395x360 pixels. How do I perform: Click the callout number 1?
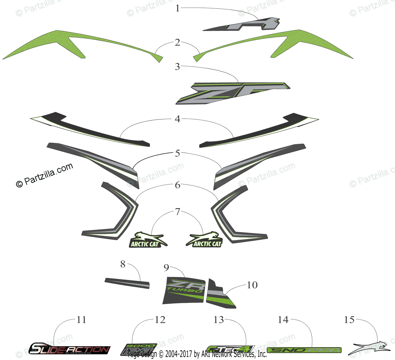coord(178,8)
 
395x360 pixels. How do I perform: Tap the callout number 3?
coord(177,66)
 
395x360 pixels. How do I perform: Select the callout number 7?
coord(178,212)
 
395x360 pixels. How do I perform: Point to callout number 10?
coord(252,285)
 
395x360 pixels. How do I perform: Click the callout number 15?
coord(350,320)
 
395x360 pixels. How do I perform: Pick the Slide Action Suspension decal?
coord(69,349)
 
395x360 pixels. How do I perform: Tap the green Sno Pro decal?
coord(304,350)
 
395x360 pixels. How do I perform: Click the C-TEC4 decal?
coord(230,349)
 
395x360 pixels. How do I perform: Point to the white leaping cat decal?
coord(370,348)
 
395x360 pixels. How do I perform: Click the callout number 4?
coord(177,119)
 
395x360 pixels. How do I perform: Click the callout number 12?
coord(160,320)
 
